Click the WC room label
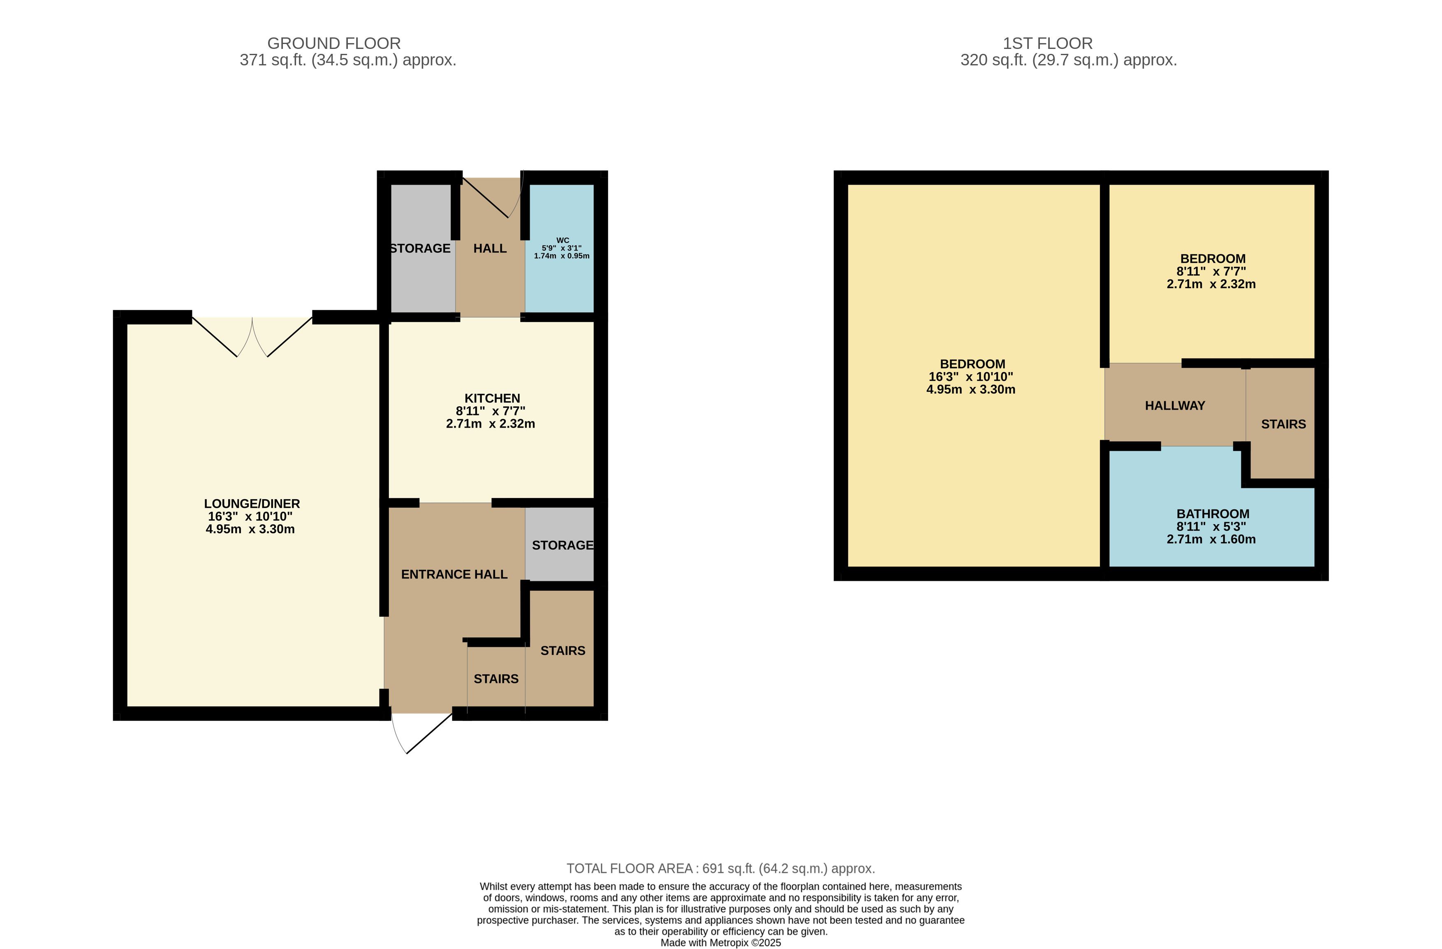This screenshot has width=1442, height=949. [x=562, y=241]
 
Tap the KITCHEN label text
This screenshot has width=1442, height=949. [x=492, y=398]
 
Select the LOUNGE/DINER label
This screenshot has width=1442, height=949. [x=252, y=504]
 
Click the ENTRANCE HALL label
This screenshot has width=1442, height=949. [x=454, y=574]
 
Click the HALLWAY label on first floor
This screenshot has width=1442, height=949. [x=1175, y=406]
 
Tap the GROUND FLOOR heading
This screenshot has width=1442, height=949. [x=334, y=44]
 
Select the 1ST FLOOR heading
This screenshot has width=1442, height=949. [x=1048, y=44]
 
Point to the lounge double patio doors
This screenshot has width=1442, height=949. [x=252, y=337]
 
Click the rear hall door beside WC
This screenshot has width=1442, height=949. [x=492, y=197]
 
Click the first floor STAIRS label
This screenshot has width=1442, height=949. [x=1283, y=424]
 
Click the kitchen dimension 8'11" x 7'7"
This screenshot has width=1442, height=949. [x=491, y=411]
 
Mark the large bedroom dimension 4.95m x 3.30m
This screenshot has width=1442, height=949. [x=971, y=390]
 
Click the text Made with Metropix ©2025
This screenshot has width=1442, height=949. [x=720, y=943]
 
